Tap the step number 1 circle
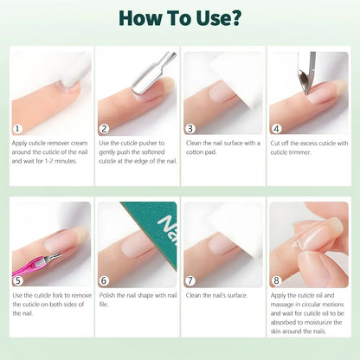17,128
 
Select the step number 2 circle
104,128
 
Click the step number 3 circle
190,128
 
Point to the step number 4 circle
275,128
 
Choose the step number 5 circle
17,280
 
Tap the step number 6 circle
104,280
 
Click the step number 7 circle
190,280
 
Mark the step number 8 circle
275,280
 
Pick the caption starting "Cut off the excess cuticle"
305,149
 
